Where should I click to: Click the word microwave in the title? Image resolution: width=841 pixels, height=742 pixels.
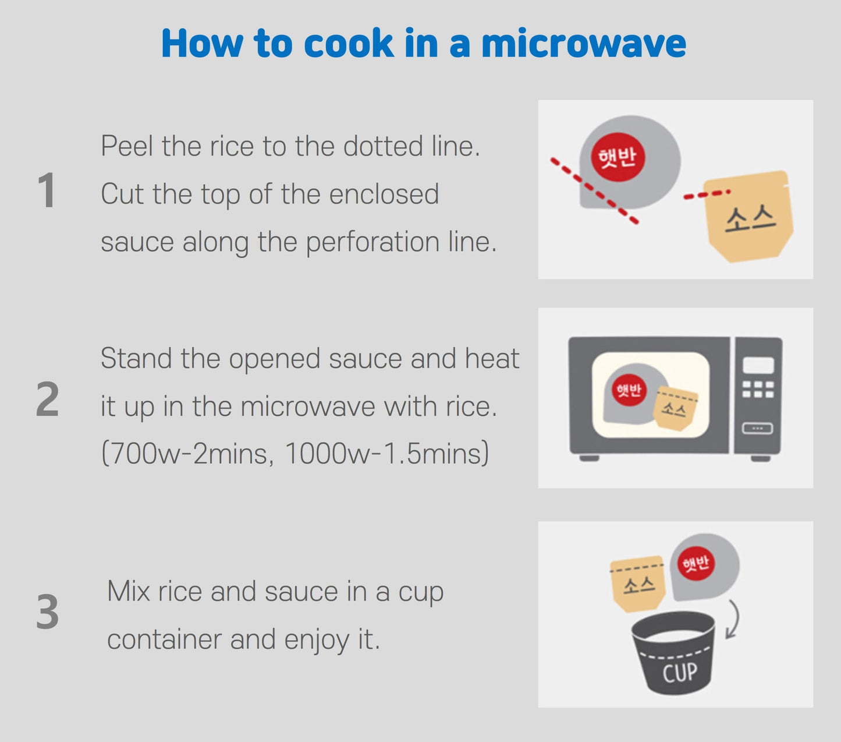point(583,44)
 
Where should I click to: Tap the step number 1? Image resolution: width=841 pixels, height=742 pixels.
point(47,191)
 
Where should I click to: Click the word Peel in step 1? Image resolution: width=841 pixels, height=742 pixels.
point(127,146)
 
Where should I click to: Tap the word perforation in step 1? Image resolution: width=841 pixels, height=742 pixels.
point(372,242)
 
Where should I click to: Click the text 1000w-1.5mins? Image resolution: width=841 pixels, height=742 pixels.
point(384,453)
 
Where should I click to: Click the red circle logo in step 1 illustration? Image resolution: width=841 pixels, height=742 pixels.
point(618,157)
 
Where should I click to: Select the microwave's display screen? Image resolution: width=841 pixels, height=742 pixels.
point(758,365)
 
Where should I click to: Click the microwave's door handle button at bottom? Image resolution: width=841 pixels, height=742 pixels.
point(757,429)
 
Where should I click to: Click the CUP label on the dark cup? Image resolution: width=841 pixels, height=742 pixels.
point(679,672)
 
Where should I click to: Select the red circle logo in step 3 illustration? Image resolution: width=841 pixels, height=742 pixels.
point(696,563)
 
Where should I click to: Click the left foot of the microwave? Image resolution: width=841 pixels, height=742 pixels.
point(589,458)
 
